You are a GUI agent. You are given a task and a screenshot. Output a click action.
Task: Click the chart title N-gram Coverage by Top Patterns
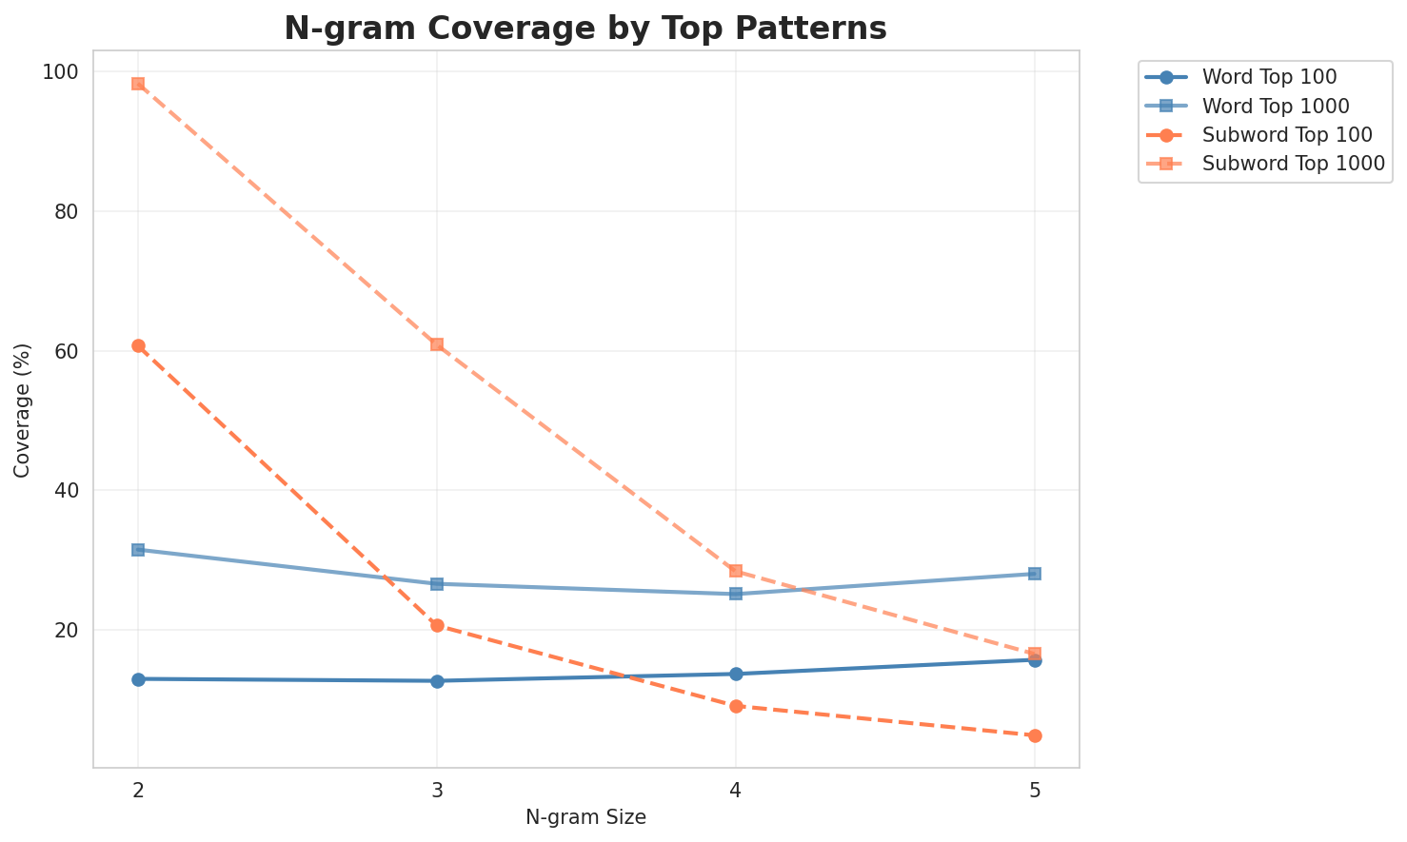(585, 29)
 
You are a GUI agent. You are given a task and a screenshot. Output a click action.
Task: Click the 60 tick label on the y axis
(69, 351)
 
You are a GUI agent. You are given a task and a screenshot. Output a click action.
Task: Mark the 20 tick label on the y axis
(69, 630)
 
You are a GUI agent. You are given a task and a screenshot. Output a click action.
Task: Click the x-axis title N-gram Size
(585, 817)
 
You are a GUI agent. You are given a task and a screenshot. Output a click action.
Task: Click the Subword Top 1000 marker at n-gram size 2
(138, 84)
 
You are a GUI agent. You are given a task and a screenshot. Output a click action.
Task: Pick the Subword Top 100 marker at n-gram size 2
(138, 345)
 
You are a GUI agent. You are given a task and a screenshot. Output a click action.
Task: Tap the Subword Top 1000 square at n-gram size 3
(437, 344)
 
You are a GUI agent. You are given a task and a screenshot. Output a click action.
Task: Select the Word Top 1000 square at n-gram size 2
(138, 550)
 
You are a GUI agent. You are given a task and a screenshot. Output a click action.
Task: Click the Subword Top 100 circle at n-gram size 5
(1035, 735)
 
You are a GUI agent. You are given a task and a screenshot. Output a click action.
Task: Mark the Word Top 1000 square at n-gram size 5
(1035, 574)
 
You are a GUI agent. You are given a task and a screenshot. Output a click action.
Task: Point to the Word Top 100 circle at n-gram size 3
(437, 681)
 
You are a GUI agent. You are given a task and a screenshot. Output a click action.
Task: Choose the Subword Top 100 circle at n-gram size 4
(736, 706)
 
